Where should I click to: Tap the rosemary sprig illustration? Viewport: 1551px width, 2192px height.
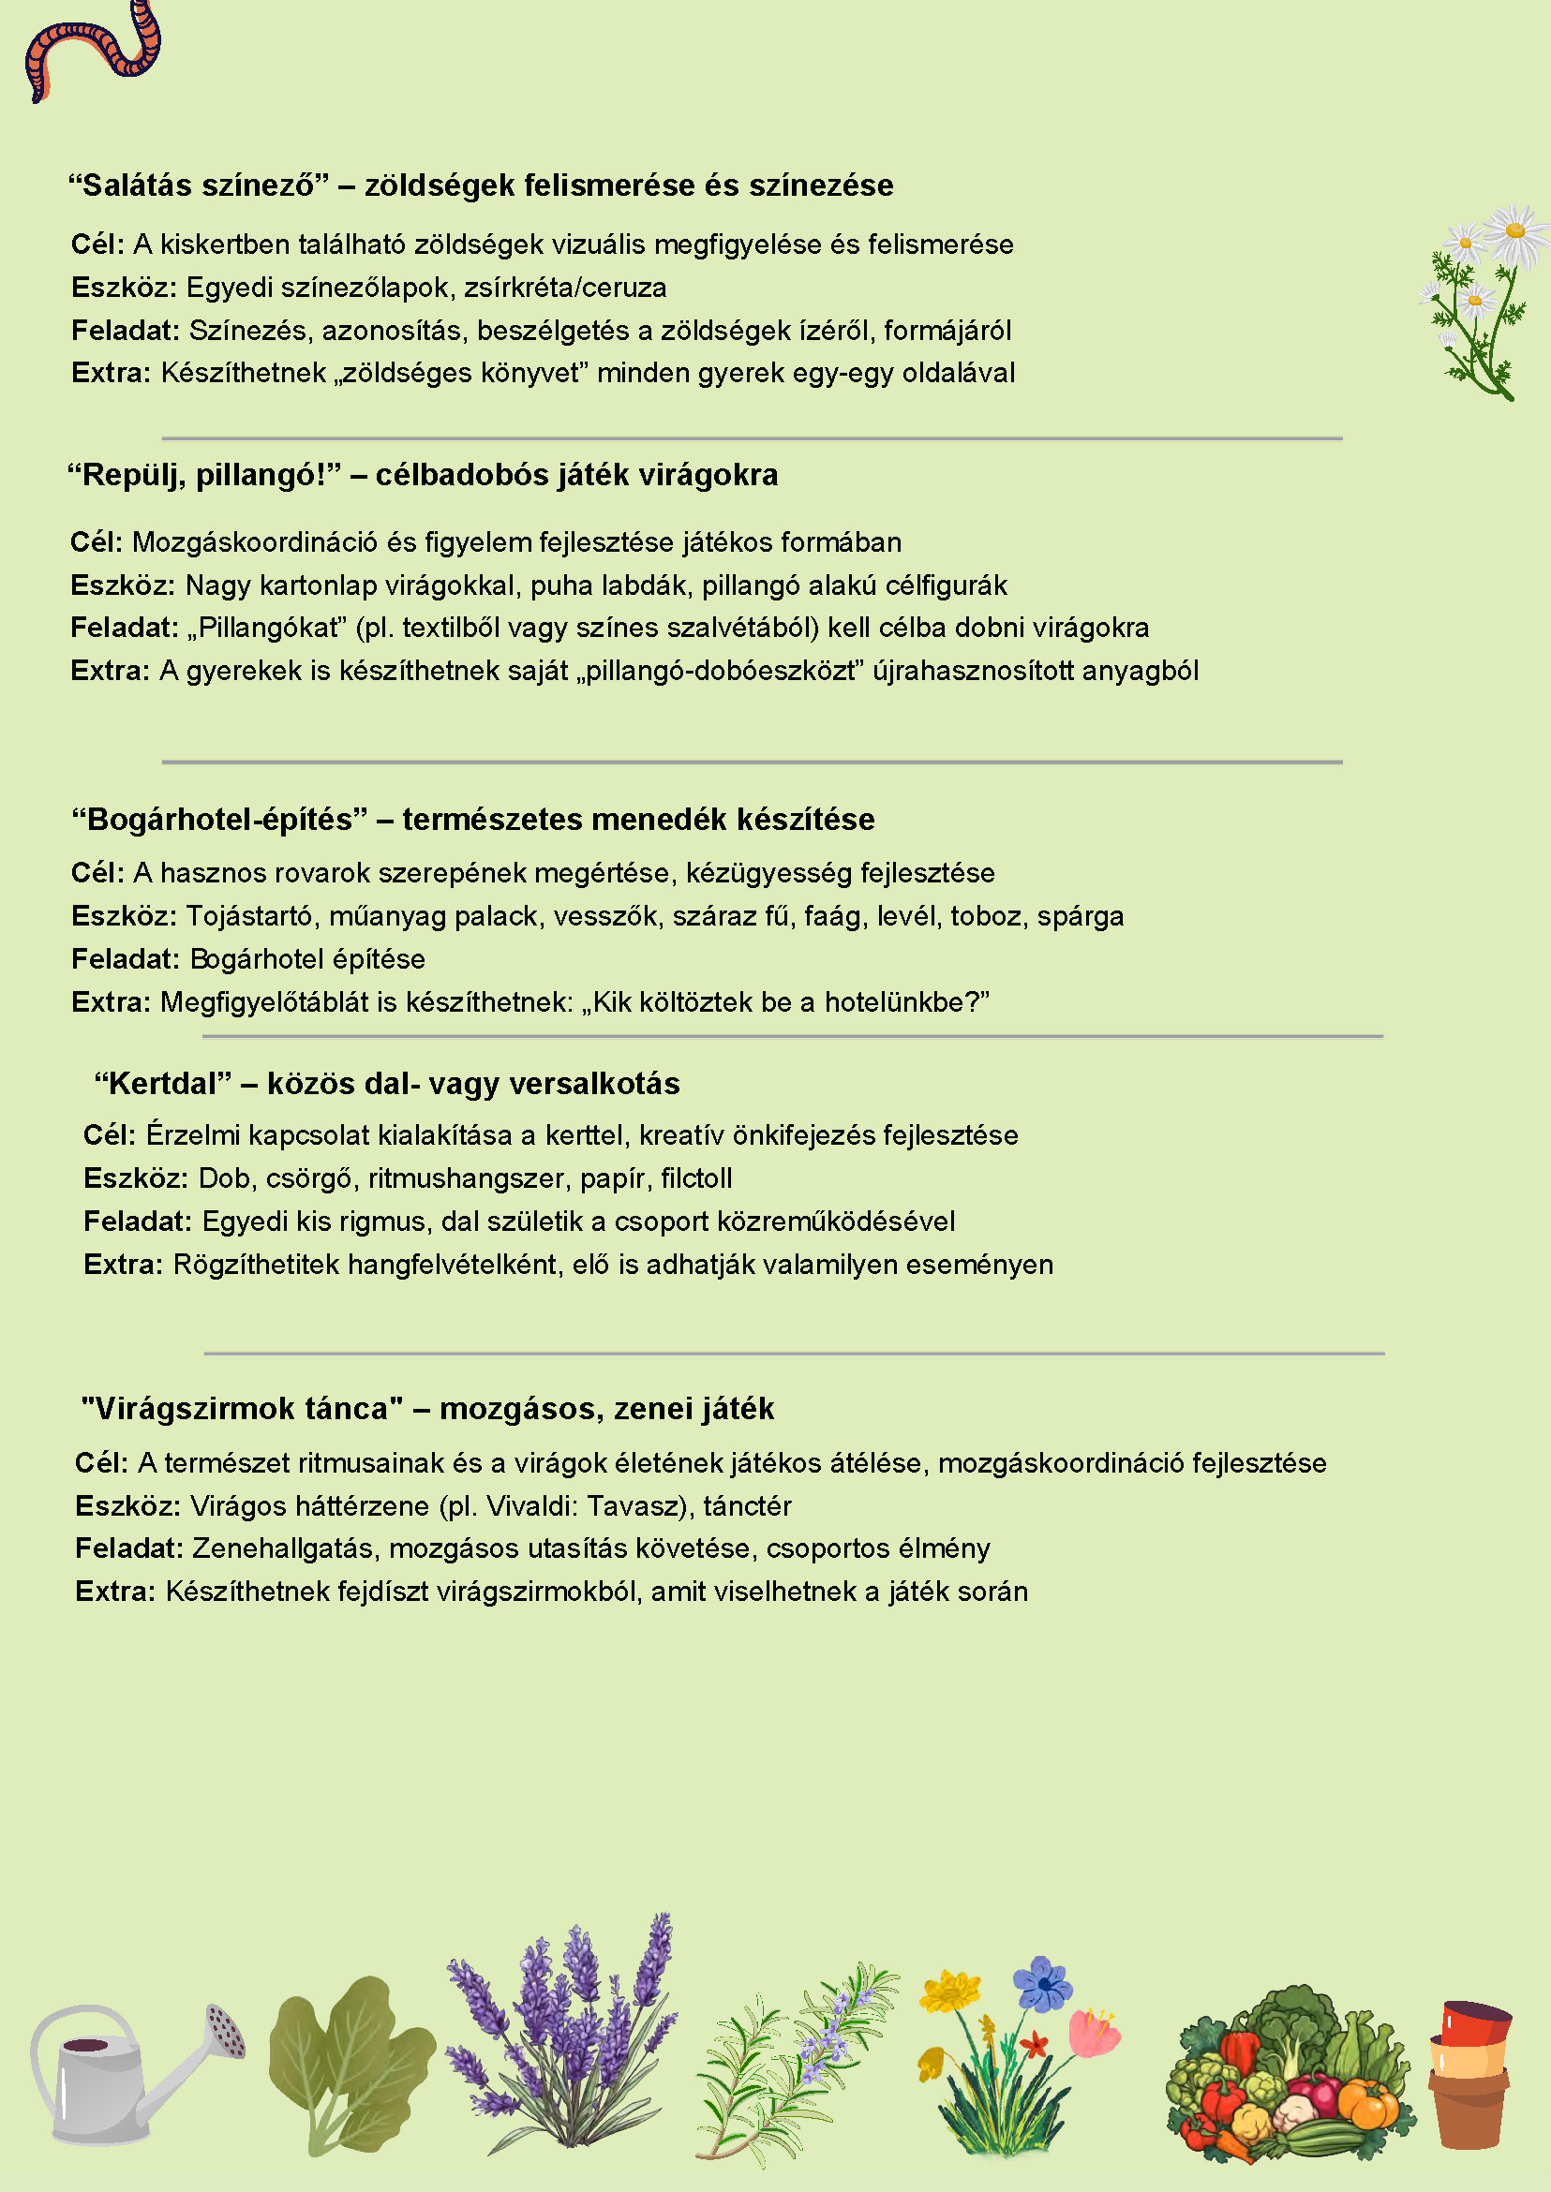[x=793, y=2062]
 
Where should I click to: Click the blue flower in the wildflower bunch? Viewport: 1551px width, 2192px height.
[x=1043, y=1984]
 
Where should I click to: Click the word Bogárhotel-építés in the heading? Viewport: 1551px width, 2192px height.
[x=219, y=819]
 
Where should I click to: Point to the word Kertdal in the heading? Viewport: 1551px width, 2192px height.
[x=162, y=1084]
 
